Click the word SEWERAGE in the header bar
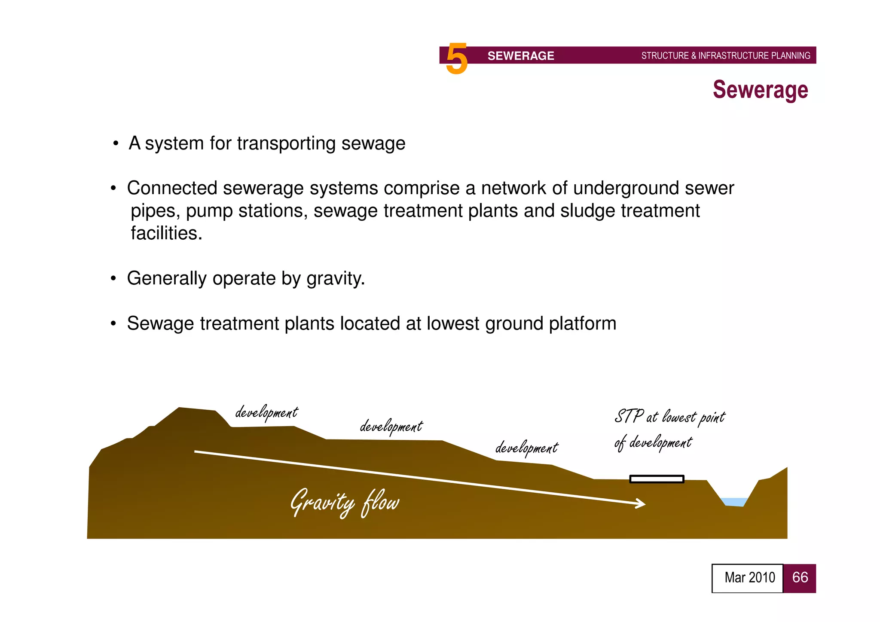tap(520, 56)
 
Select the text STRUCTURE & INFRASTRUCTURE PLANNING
tap(725, 56)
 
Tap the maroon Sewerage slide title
tap(760, 90)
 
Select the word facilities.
tap(166, 233)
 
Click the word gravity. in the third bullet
tap(336, 279)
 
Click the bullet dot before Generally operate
tap(113, 279)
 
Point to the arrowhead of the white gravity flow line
tap(642, 503)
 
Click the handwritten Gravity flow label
tap(345, 503)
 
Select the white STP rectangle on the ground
tap(656, 479)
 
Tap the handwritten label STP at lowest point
tap(669, 417)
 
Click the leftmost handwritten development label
tap(266, 413)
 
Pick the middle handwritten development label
tap(391, 427)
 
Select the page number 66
tap(800, 578)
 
